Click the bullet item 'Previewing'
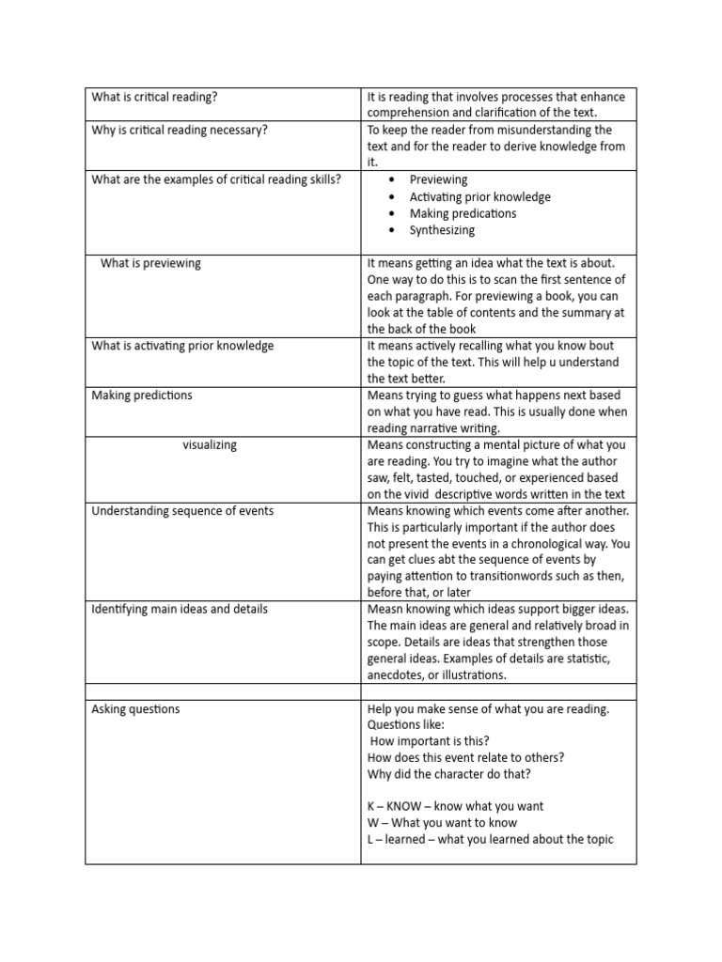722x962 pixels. [x=438, y=179]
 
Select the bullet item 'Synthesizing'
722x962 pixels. [x=442, y=230]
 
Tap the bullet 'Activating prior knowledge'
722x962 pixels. [x=479, y=197]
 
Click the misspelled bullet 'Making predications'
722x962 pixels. [x=463, y=213]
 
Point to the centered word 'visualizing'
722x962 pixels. [x=210, y=444]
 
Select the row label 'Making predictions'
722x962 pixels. [x=142, y=396]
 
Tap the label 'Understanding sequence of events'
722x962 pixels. [x=182, y=511]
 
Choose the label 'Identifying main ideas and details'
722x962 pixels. [x=180, y=609]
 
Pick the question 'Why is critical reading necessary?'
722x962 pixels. [x=180, y=130]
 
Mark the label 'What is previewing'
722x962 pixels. [x=150, y=263]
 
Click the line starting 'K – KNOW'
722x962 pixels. [x=455, y=806]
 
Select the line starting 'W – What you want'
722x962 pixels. [x=442, y=823]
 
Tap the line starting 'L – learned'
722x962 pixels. [x=490, y=839]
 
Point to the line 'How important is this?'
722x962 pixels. [x=428, y=741]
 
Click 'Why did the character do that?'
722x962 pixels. [x=448, y=774]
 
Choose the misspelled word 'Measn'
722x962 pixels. [x=385, y=609]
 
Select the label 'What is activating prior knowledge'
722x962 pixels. [x=182, y=346]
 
